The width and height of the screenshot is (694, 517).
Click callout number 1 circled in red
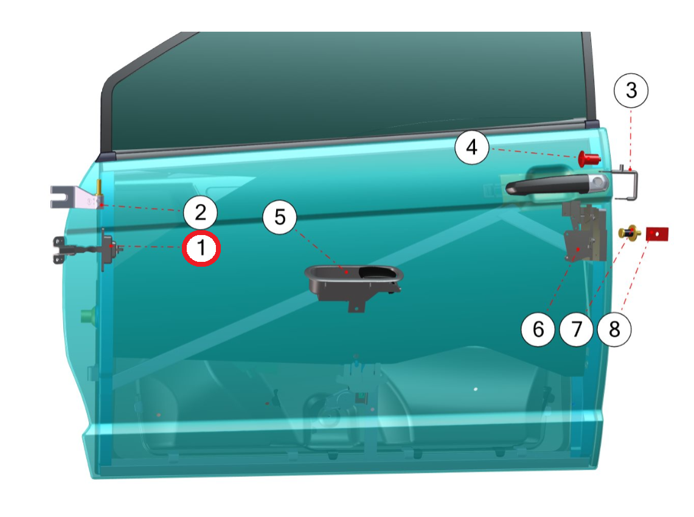pos(201,248)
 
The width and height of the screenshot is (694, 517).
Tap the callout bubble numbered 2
pos(201,213)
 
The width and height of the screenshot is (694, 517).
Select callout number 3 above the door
pos(631,90)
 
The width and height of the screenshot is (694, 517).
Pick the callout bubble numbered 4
pos(472,147)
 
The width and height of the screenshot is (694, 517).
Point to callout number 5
pos(280,217)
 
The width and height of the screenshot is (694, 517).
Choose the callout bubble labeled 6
pos(538,329)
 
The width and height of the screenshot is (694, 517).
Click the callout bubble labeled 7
pos(576,329)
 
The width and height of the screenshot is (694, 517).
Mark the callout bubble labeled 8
pos(614,329)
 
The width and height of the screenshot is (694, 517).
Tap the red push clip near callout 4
pos(589,158)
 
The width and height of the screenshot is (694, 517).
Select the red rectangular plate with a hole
pos(657,234)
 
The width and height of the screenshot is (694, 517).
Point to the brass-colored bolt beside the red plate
pos(630,233)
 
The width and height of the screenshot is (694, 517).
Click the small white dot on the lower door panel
pos(476,389)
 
